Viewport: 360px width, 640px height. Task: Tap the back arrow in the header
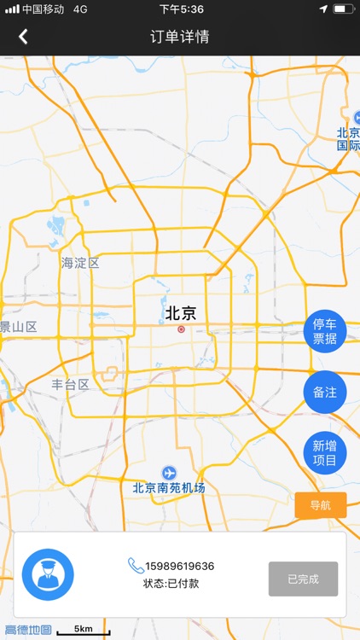pos(23,36)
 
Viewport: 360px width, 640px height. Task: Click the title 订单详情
pos(179,36)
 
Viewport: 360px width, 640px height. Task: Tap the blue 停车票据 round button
pos(325,331)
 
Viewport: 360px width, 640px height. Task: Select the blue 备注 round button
pos(325,393)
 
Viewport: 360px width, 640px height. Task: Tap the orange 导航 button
pos(320,505)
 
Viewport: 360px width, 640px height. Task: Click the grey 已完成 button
pos(303,579)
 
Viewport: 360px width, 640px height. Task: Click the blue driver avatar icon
pos(48,574)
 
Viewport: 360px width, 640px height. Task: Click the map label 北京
pos(180,313)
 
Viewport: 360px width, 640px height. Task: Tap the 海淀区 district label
pos(80,263)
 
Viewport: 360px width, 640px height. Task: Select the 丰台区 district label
pos(70,384)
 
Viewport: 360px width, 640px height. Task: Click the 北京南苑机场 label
pos(169,488)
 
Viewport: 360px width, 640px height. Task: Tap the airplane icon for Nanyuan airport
pos(169,473)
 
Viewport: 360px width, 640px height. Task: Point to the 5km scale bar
pos(84,631)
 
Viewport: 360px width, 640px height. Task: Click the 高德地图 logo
pos(28,631)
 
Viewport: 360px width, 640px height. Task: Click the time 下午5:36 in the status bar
pos(181,9)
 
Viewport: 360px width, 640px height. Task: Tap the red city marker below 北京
pos(181,329)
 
